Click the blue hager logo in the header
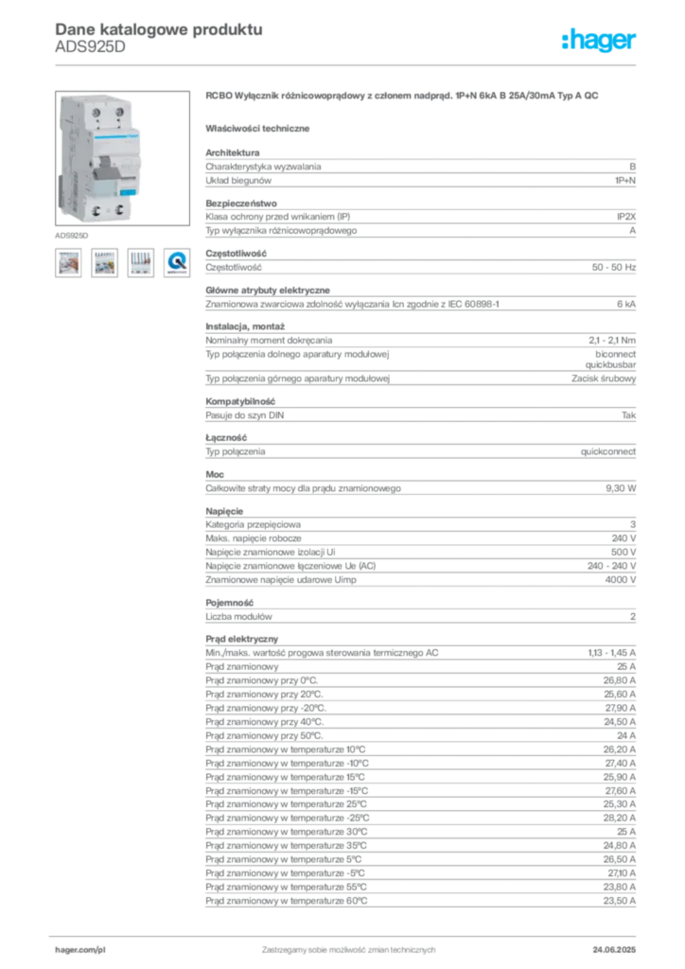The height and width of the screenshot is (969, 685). (601, 41)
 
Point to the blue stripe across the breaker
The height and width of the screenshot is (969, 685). (99, 138)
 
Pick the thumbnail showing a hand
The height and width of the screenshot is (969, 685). (68, 262)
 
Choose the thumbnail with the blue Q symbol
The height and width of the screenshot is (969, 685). (176, 262)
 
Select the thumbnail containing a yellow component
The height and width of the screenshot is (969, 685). (104, 262)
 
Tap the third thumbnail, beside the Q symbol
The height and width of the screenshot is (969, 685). (140, 262)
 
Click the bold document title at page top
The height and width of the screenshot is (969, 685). (157, 28)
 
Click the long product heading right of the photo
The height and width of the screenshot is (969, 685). (403, 97)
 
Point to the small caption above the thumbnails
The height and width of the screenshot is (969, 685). (72, 233)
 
